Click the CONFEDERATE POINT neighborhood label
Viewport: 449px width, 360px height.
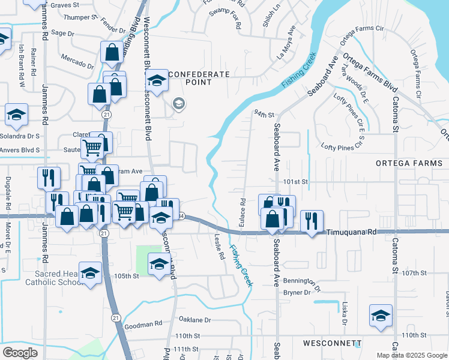pos(199,79)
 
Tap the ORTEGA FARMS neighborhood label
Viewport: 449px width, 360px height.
pos(408,163)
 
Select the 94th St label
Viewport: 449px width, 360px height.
pos(264,113)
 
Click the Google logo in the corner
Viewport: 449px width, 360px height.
pos(20,352)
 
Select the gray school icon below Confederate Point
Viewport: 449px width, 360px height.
pos(178,104)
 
